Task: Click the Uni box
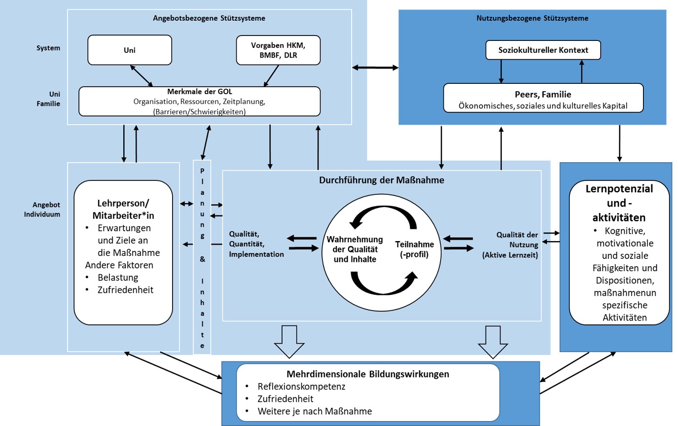[130, 50]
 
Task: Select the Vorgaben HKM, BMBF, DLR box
[278, 50]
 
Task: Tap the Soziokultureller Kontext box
[543, 50]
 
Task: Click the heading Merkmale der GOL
[200, 92]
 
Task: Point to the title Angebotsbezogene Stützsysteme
[209, 18]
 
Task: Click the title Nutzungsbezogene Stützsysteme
[533, 18]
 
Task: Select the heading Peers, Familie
[543, 94]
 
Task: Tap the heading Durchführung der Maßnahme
[382, 180]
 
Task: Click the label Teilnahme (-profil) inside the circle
[414, 249]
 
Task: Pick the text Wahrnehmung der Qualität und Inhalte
[355, 249]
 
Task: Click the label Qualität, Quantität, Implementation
[256, 244]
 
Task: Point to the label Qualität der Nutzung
[517, 240]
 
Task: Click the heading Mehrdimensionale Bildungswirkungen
[368, 374]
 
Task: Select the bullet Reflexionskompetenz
[301, 387]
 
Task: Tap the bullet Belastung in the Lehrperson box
[118, 278]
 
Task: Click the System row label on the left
[48, 48]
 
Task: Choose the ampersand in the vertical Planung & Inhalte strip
[202, 259]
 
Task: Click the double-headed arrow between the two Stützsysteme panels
[375, 68]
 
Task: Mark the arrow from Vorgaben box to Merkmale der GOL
[271, 76]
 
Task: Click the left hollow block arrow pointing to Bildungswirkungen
[289, 342]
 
